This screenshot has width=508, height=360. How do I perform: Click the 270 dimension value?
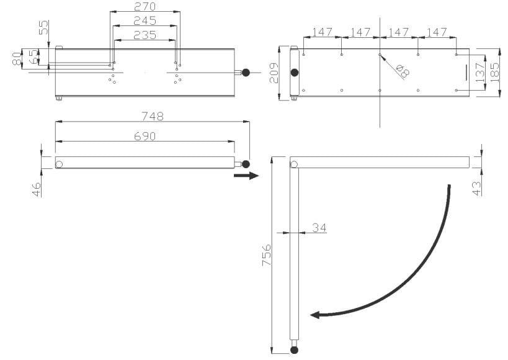coord(145,6)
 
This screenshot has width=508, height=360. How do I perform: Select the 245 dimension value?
coord(145,20)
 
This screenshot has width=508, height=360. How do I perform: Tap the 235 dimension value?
coord(145,35)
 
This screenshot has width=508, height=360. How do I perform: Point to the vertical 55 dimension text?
coord(43,27)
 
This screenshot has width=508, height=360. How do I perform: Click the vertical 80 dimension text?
coord(16,59)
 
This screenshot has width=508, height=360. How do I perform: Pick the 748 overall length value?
coord(152,116)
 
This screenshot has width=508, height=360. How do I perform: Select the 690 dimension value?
coord(145,136)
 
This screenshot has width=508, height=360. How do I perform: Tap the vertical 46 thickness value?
coord(37,189)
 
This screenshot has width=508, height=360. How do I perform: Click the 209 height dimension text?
coord(274,73)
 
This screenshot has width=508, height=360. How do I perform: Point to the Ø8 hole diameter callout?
coord(403,71)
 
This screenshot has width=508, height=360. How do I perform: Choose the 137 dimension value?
coord(479,73)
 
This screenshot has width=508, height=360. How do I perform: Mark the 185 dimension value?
coord(494,73)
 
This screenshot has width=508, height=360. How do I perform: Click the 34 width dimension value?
coord(319,228)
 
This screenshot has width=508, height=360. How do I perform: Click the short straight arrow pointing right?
coord(246,176)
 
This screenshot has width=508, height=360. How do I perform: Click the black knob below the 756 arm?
coord(294,350)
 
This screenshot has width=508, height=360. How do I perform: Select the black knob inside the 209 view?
coord(294,73)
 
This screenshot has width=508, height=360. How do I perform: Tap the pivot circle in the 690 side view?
coord(59,164)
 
